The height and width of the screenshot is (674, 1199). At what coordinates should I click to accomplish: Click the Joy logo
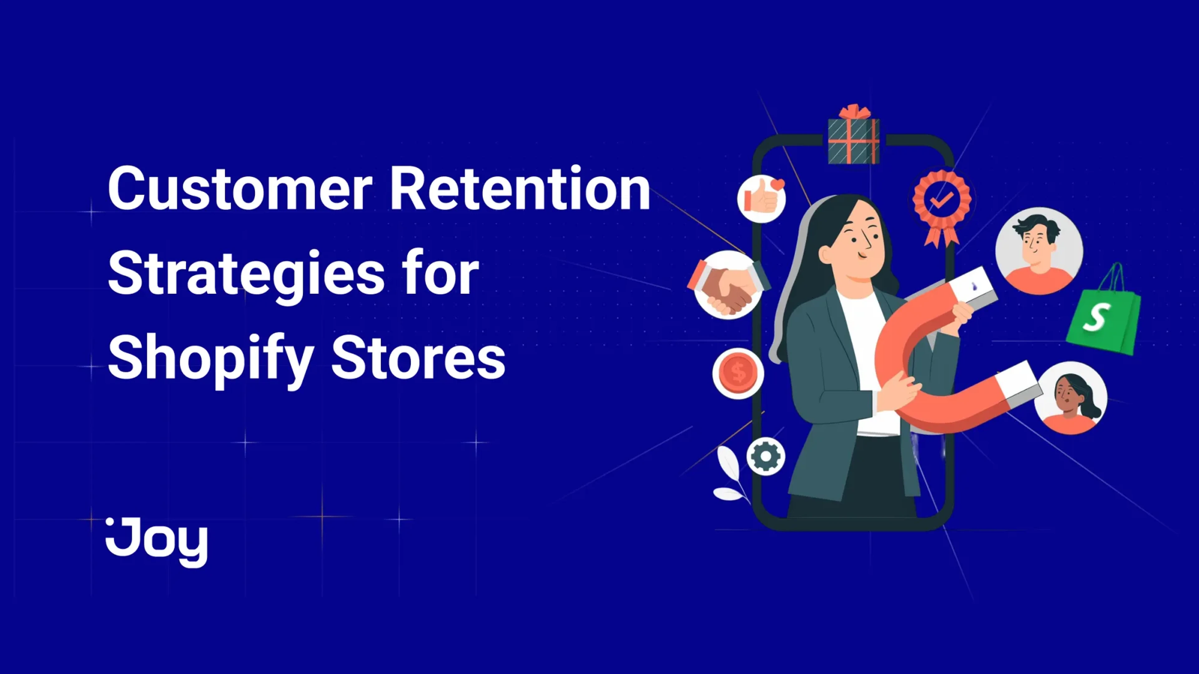157,542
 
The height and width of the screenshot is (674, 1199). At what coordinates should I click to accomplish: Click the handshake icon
728,285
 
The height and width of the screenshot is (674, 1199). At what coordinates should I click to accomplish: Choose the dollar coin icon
738,373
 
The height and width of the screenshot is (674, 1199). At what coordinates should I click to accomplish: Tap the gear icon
766,456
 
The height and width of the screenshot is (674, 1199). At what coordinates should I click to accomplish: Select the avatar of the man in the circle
1039,251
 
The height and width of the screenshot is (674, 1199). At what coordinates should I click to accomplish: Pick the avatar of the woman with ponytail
1071,398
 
